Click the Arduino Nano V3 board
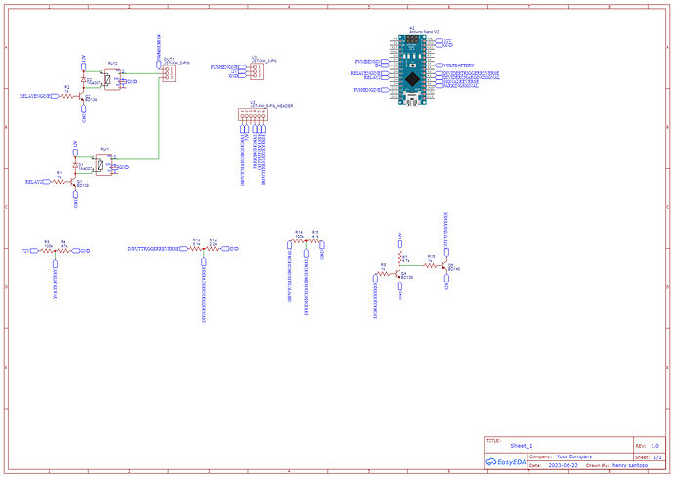point(412,71)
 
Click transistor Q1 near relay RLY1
point(76,183)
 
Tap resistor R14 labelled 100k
point(298,241)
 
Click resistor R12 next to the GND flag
point(214,249)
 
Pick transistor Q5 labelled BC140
point(445,266)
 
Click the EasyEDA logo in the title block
point(505,462)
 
